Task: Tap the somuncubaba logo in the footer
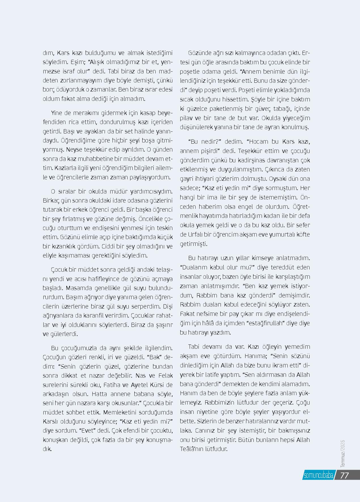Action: [318, 475]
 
